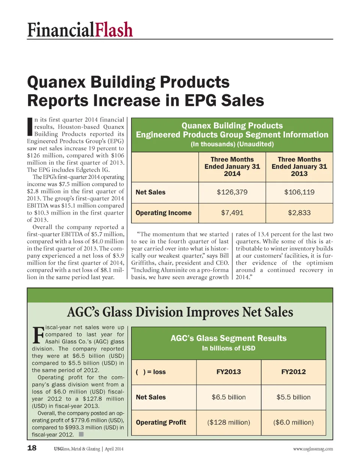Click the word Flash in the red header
coord(113,30)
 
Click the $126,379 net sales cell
coord(232,192)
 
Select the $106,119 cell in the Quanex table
coord(299,192)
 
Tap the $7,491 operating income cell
coord(232,213)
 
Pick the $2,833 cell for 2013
coord(299,213)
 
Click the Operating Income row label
coord(163,213)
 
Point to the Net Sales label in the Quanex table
coord(150,192)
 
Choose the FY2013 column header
coord(229,372)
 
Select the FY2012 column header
coord(294,372)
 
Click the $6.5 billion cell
coord(229,397)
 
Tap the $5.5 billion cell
coord(294,397)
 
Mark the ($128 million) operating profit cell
coord(229,422)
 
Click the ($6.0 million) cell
coord(294,422)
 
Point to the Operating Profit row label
coord(161,422)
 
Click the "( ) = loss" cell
coord(151,372)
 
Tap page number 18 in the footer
coord(32,448)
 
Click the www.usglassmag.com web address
coord(313,449)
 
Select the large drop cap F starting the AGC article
coord(38,335)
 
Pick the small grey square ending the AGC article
coord(81,434)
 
